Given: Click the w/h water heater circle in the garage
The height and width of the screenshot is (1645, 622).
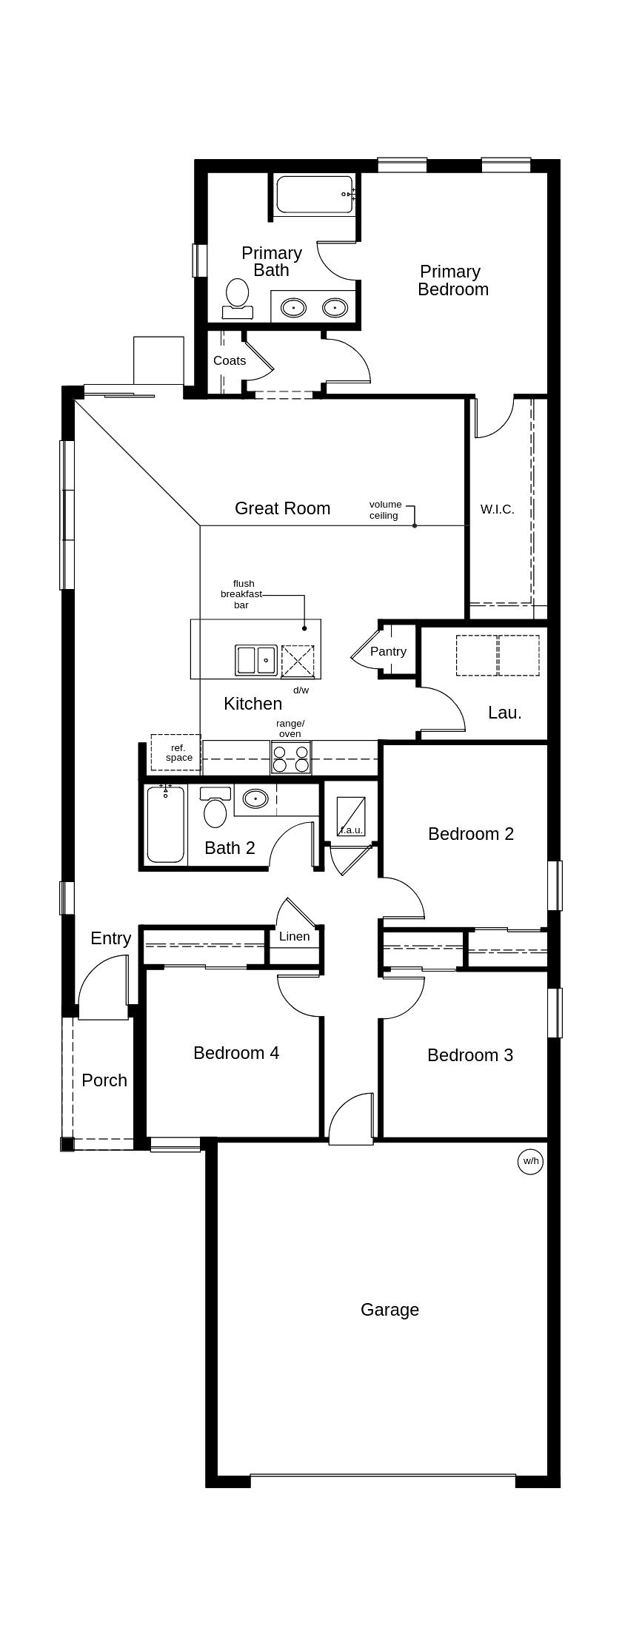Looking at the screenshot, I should click(x=530, y=1161).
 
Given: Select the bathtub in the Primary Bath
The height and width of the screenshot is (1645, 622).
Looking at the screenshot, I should click(x=314, y=194).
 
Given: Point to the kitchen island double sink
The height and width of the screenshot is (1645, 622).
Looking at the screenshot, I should click(x=256, y=660).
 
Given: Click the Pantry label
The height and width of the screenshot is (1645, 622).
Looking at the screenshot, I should click(x=388, y=651).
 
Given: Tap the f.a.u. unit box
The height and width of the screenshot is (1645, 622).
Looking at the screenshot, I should click(x=350, y=816).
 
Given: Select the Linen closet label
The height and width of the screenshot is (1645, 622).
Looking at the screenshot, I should click(x=294, y=936).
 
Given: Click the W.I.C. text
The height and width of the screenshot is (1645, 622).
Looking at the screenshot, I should click(x=497, y=509).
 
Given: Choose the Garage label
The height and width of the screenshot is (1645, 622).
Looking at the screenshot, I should click(x=389, y=1310).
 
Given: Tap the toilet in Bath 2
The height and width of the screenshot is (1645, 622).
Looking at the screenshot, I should click(x=215, y=809).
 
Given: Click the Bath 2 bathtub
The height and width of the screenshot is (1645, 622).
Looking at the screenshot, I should click(x=165, y=824).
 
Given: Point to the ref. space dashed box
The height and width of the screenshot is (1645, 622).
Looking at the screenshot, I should click(x=175, y=753).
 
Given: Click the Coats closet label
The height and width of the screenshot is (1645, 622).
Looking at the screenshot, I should click(x=230, y=360).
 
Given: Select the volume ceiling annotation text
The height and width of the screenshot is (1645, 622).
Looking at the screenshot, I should click(x=385, y=510).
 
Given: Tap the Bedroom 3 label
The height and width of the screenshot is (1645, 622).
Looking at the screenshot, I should click(x=469, y=1054).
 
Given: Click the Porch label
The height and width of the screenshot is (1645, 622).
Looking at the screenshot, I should click(x=104, y=1080).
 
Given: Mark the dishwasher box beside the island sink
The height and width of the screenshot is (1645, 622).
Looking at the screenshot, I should click(x=298, y=661).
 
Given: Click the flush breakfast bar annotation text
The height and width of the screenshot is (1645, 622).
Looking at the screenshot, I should click(x=241, y=594).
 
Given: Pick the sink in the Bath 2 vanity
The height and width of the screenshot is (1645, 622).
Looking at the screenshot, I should click(x=255, y=798).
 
